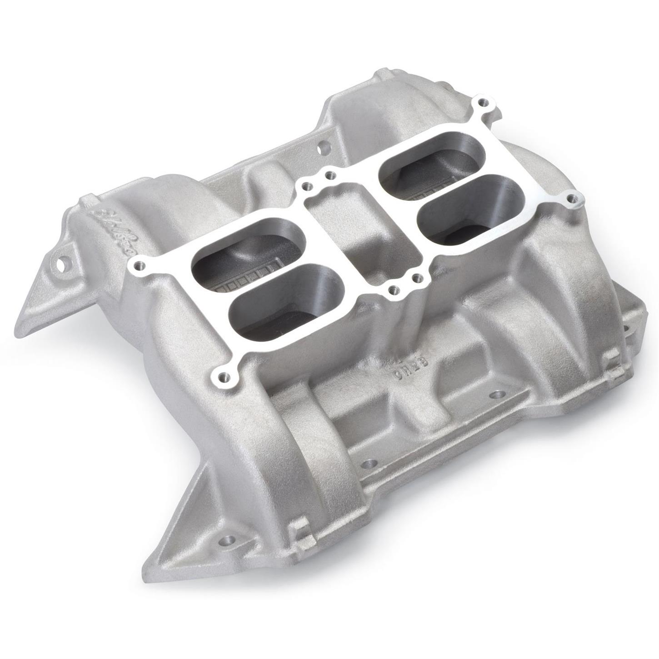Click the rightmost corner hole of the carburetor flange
click(574, 199)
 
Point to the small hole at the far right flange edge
click(625, 327)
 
